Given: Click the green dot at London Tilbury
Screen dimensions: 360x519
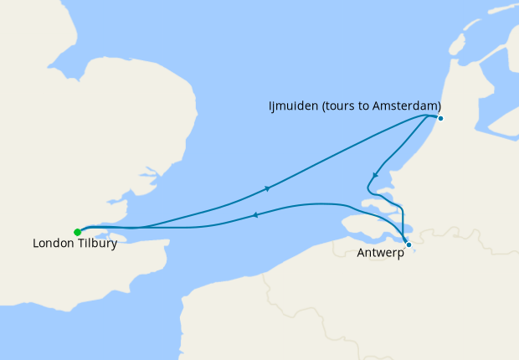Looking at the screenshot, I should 77,232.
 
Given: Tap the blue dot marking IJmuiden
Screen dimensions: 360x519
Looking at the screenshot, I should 440,118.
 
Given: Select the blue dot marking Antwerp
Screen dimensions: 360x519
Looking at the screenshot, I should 409,244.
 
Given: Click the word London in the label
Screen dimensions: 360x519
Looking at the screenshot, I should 53,244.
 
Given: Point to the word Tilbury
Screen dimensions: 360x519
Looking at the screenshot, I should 95,244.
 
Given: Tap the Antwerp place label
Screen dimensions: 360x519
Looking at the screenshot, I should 379,253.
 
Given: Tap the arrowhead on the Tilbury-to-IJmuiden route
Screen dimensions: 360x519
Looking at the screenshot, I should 267,188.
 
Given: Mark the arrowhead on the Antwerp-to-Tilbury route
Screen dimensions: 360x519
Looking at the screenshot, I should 254,216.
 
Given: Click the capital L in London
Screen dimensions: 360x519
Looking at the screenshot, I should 35,244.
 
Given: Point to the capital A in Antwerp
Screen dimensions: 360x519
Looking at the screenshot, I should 360,253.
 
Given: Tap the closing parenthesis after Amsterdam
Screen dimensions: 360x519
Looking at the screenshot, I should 439,105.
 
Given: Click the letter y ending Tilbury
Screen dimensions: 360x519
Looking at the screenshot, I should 113,245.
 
